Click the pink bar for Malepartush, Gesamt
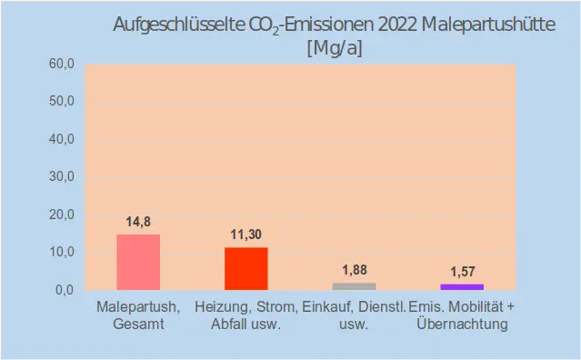[138, 262]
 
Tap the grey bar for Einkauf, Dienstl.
[354, 286]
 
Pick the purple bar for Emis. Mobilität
[462, 287]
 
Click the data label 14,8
[138, 222]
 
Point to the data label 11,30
[245, 235]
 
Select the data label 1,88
[354, 270]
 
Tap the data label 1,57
[463, 272]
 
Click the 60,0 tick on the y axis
[61, 64]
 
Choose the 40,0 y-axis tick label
[61, 139]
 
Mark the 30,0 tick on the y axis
[61, 177]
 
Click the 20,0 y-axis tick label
[61, 215]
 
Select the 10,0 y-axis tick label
[61, 252]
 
